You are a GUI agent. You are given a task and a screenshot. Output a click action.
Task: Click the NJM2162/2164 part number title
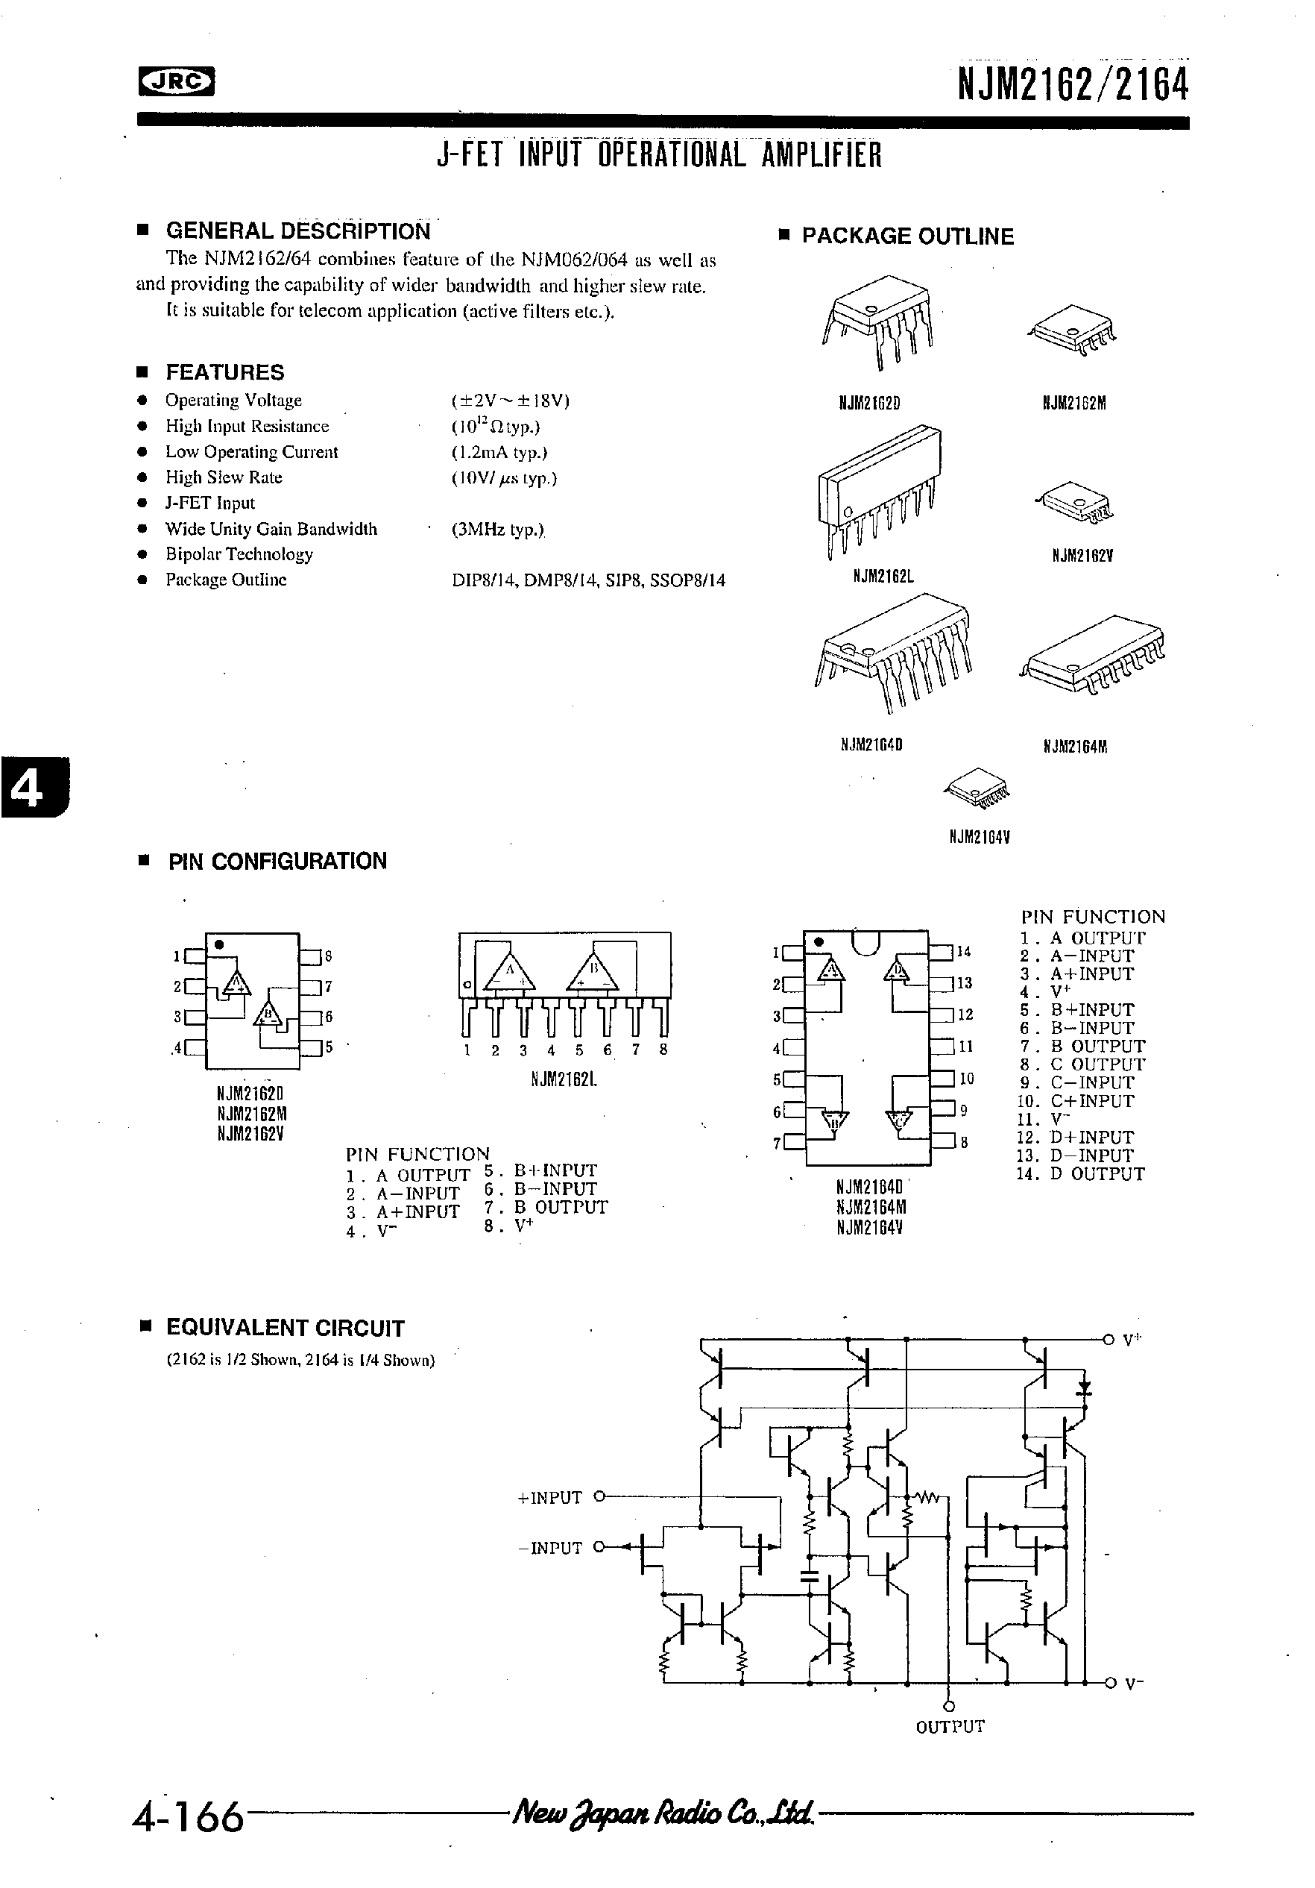(x=1073, y=85)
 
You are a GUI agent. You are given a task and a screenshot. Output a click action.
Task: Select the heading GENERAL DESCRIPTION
(x=297, y=230)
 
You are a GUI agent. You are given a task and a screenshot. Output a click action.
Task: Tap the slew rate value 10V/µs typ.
(x=504, y=477)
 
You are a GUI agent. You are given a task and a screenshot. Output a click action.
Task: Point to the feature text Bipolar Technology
(x=239, y=554)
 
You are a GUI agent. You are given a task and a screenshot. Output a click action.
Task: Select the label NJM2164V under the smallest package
(x=979, y=837)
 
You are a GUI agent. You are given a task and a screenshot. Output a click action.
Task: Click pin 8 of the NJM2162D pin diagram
(x=310, y=956)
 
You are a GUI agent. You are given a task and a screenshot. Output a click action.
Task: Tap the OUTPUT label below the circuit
(x=949, y=1727)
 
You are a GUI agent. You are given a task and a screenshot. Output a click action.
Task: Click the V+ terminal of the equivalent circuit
(x=1109, y=1340)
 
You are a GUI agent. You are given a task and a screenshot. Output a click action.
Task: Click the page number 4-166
(x=188, y=1816)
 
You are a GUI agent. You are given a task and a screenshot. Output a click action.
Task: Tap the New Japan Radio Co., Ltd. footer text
(x=663, y=1813)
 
